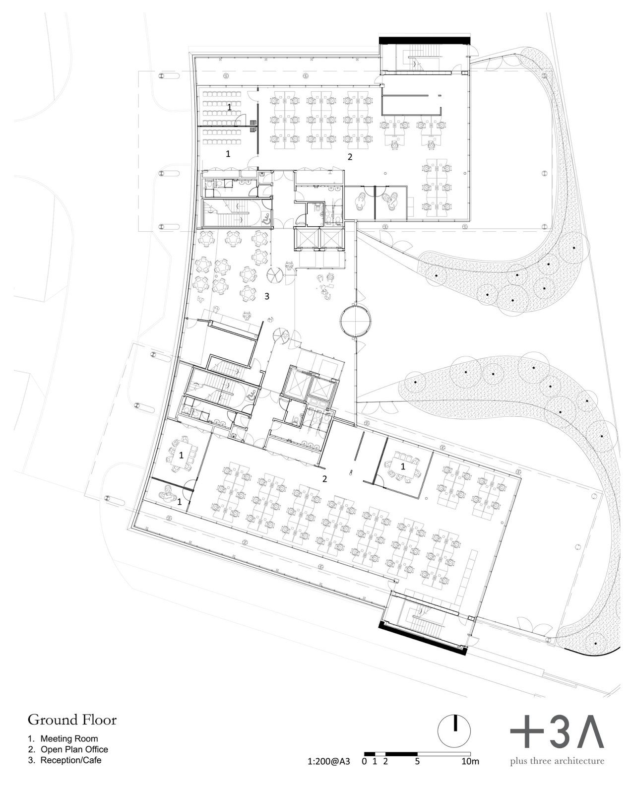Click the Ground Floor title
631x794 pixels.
[x=72, y=720]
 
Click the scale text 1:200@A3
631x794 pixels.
[x=328, y=761]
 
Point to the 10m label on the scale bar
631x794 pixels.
[x=470, y=761]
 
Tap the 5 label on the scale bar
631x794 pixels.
[x=417, y=761]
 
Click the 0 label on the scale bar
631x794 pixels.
[x=364, y=761]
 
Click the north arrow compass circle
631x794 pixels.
[x=454, y=731]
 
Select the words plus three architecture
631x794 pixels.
[x=557, y=761]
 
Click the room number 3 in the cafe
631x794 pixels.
[x=267, y=296]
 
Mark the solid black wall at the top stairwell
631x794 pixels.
[x=425, y=40]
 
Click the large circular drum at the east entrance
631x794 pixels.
[x=355, y=320]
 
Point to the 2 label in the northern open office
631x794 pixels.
[x=350, y=157]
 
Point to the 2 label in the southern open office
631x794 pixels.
[x=324, y=479]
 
